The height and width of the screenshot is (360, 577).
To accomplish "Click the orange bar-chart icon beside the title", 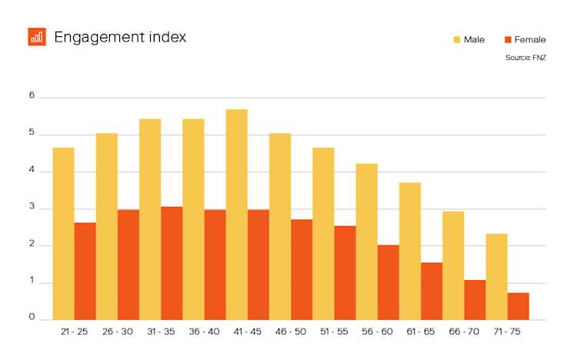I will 37,37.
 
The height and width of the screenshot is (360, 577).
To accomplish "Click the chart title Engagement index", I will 120,37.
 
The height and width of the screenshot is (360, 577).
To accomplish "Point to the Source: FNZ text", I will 525,58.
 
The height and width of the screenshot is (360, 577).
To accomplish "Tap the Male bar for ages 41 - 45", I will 236,215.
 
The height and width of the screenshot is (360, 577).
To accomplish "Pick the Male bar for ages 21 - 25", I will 63,233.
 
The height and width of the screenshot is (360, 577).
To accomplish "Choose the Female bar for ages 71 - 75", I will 518,306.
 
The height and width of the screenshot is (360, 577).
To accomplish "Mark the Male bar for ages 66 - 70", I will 453,265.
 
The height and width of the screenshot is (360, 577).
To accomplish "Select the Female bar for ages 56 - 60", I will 389,282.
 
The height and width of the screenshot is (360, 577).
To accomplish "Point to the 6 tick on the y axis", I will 32,96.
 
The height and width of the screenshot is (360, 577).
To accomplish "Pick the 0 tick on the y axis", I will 32,317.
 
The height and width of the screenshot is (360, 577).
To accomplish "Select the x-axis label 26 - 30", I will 117,332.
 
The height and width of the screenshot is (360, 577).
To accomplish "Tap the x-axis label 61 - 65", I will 420,332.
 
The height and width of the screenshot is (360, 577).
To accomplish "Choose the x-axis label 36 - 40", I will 204,332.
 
